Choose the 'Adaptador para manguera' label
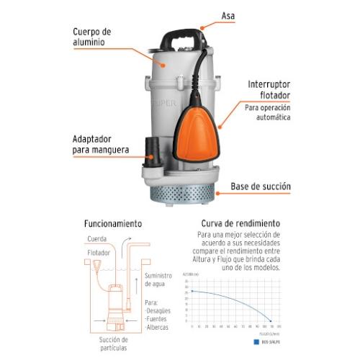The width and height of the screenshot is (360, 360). click(x=101, y=145)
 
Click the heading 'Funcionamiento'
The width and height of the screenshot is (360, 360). click(x=112, y=224)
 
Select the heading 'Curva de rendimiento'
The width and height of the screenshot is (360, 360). click(x=238, y=224)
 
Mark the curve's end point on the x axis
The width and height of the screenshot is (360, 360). click(x=271, y=320)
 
